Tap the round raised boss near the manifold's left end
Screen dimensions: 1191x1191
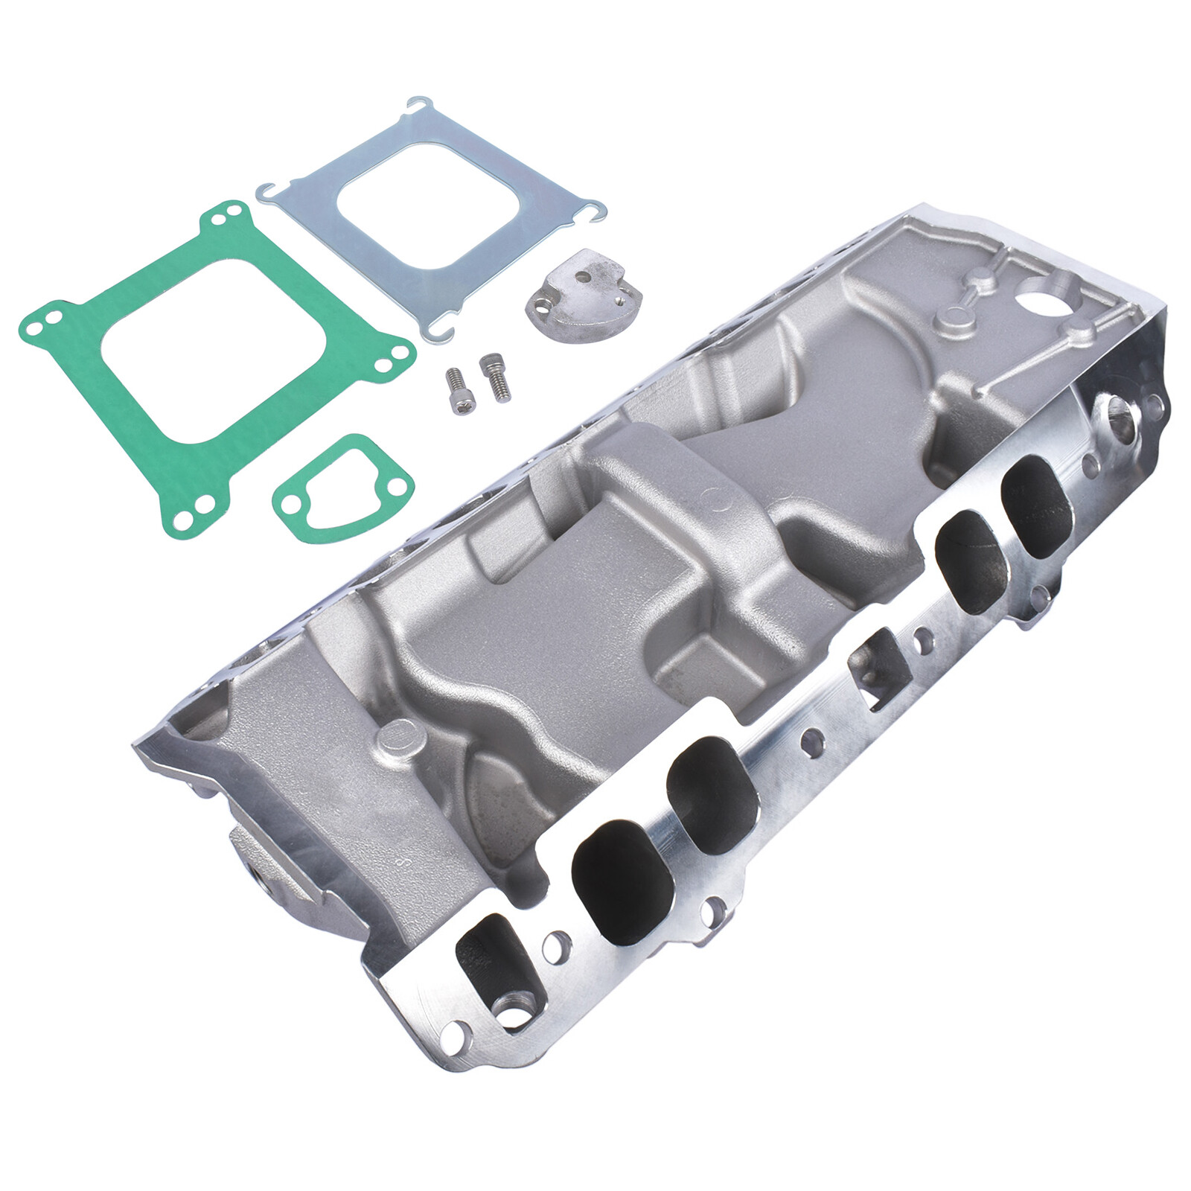click(x=398, y=741)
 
